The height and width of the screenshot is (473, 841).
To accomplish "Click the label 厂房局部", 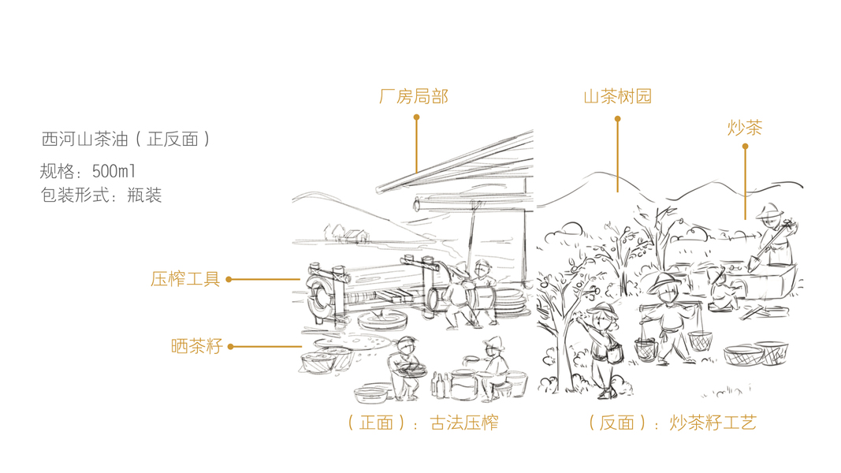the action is pos(414,97).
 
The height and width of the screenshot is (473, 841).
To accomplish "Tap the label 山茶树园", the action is pos(617,97).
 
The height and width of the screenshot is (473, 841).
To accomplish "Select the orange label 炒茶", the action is pos(745,128).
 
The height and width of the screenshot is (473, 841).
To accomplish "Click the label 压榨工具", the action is pos(185,279).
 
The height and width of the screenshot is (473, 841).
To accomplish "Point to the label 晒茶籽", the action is pos(196,346).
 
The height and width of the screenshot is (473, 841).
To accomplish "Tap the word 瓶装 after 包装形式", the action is pos(144,196).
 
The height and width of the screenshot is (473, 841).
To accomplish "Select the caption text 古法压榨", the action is pos(463,423).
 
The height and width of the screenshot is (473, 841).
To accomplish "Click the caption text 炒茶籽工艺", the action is pos(713,423).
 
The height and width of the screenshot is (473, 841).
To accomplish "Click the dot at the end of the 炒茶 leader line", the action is pos(745,146).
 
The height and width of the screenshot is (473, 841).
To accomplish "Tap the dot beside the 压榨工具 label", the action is pos(229,279).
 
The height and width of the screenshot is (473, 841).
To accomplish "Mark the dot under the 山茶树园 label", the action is pos(617,119).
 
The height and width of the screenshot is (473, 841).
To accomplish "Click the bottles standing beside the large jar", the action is pos(438,385).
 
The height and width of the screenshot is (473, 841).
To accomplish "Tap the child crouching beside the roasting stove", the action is pos(720,290).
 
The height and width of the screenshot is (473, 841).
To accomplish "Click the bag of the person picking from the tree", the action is pos(613,350).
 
